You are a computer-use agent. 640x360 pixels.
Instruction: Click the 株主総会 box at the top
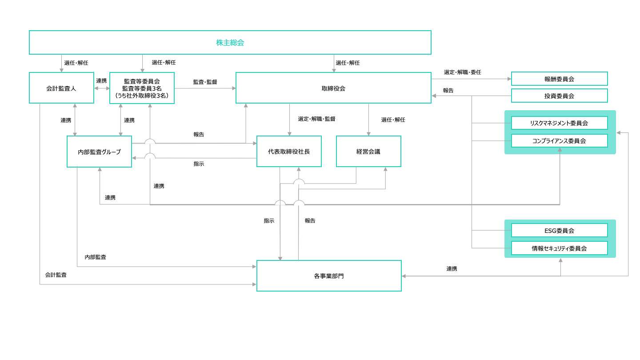[x=230, y=43]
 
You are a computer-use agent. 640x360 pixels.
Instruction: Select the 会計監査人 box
[x=61, y=88]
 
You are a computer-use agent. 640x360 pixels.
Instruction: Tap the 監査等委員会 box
[x=142, y=88]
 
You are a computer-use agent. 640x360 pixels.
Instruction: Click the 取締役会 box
[x=333, y=88]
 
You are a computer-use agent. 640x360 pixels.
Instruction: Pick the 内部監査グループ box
[x=99, y=152]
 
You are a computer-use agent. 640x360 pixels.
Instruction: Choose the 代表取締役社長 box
[x=289, y=152]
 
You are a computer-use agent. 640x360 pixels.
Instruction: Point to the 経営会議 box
[x=368, y=152]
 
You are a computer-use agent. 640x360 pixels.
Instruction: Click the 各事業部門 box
[x=329, y=276]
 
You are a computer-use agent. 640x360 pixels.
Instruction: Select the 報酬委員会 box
[x=559, y=79]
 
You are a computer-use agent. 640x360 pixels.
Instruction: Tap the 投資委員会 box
[x=559, y=96]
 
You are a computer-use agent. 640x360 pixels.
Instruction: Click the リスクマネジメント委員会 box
[x=559, y=123]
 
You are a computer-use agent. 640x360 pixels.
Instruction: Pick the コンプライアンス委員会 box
[x=559, y=141]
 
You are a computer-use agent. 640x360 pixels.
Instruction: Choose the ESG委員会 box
[x=559, y=231]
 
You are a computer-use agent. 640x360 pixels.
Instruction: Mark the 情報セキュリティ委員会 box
[x=559, y=248]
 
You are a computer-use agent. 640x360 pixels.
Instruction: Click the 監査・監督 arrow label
[x=205, y=82]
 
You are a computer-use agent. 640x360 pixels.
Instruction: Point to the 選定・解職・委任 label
[x=462, y=72]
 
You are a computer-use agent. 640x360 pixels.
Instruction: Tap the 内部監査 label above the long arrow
[x=95, y=257]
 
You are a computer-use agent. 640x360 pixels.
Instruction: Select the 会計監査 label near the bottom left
[x=56, y=275]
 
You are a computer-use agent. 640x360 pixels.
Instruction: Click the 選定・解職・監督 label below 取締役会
[x=316, y=119]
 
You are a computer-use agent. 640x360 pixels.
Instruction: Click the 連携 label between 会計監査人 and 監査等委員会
[x=101, y=81]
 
